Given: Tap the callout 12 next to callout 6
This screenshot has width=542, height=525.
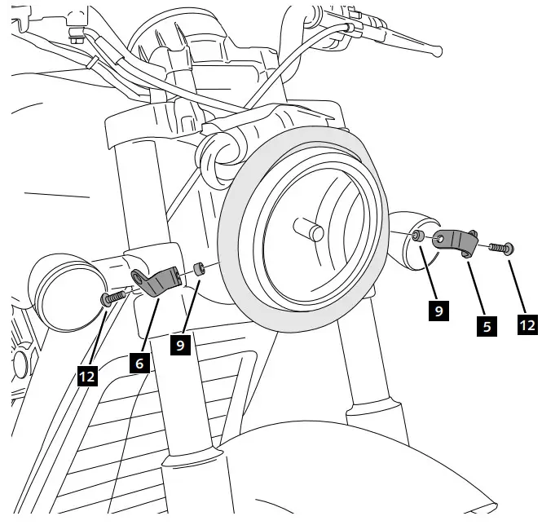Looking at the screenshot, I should click(87, 376).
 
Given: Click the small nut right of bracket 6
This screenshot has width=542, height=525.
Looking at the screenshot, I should click(200, 268).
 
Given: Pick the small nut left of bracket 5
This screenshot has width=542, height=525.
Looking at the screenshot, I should click(416, 236).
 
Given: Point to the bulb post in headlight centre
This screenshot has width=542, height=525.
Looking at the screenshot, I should click(311, 228).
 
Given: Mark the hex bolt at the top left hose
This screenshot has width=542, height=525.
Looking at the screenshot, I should click(77, 37).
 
